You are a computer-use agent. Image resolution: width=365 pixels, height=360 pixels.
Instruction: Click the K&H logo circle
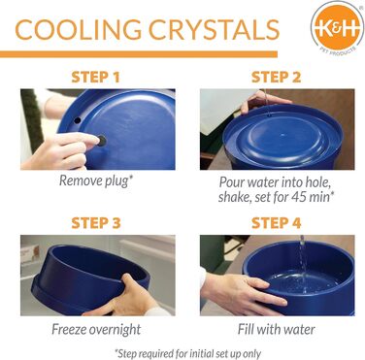click(337, 29)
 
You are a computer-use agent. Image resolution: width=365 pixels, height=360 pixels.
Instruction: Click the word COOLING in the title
click(78, 30)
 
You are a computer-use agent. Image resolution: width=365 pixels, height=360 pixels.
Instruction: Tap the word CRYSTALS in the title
click(214, 30)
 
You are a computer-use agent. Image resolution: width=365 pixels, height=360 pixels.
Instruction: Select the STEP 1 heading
click(95, 78)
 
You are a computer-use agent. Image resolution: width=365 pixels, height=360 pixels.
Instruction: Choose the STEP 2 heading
click(276, 78)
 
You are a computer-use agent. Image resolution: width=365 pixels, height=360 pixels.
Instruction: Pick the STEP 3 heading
click(96, 223)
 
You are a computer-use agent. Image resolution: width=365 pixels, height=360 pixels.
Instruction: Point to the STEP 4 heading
click(276, 223)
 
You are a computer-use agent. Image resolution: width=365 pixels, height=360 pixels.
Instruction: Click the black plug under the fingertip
click(102, 141)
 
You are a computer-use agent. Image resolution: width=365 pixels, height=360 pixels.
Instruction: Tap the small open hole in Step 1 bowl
click(78, 120)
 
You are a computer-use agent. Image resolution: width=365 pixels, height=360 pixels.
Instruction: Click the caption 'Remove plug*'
click(96, 180)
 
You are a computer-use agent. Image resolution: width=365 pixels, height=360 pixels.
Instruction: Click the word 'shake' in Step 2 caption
click(234, 197)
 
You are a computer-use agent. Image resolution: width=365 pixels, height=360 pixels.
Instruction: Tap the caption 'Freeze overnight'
click(96, 329)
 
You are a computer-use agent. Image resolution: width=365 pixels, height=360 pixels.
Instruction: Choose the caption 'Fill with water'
click(276, 329)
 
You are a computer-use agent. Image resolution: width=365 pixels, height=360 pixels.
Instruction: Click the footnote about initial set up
click(187, 353)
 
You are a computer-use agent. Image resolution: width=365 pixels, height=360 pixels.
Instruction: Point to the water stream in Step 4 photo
click(303, 259)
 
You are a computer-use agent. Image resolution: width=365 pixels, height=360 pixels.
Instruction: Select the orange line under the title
click(139, 54)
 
